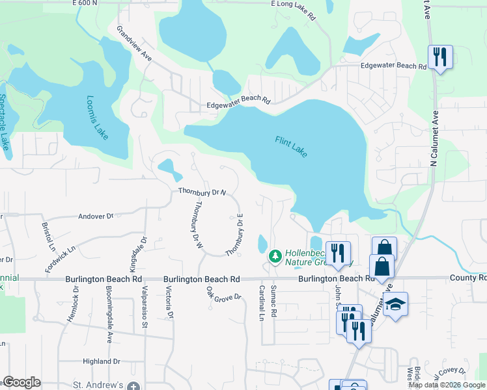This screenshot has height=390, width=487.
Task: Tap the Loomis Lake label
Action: [97, 118]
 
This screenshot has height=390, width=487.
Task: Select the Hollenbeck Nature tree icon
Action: [275, 257]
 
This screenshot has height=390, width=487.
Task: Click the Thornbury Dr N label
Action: [202, 192]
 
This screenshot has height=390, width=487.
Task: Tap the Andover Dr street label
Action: [96, 216]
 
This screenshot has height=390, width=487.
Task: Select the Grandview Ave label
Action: [134, 44]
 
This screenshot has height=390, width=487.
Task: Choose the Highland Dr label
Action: [102, 361]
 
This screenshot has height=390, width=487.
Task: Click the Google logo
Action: [22, 382]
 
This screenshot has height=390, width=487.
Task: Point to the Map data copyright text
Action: [447, 385]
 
